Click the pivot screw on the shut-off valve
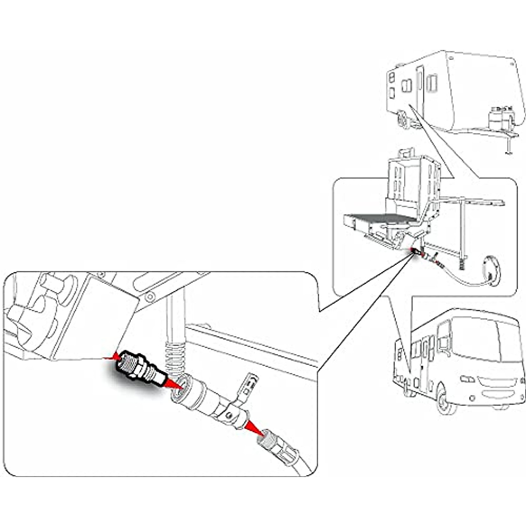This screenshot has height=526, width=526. coord(229,414)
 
